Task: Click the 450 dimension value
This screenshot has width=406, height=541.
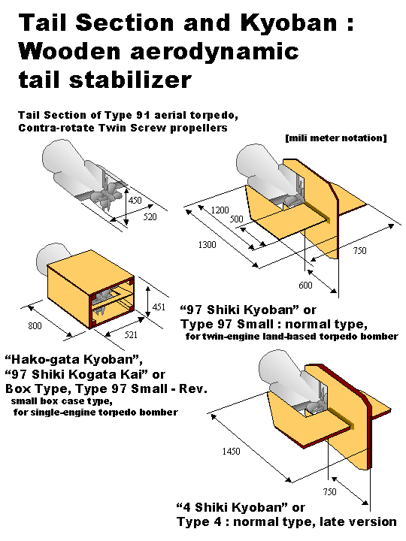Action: click(x=135, y=200)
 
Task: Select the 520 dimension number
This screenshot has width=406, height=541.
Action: click(x=150, y=216)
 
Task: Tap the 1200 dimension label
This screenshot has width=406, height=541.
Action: click(x=220, y=210)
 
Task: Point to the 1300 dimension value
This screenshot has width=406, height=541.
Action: click(x=208, y=245)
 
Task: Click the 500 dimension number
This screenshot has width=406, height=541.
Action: click(x=237, y=219)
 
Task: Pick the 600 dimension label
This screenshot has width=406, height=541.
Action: click(x=305, y=285)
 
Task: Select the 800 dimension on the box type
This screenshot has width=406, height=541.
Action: click(x=35, y=325)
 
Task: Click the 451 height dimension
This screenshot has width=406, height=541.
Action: click(x=159, y=307)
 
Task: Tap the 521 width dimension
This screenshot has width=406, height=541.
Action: click(x=131, y=334)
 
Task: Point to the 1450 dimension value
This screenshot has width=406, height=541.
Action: click(x=231, y=451)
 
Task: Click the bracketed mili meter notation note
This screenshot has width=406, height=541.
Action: click(x=336, y=138)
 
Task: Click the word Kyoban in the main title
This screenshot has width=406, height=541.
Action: click(x=288, y=23)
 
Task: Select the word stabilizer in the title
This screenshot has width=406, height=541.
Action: click(x=130, y=80)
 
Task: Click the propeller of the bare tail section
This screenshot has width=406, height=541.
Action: click(x=108, y=198)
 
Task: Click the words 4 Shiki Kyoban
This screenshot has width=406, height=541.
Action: click(x=232, y=508)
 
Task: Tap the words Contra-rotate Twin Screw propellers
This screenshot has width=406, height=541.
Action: click(x=123, y=128)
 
